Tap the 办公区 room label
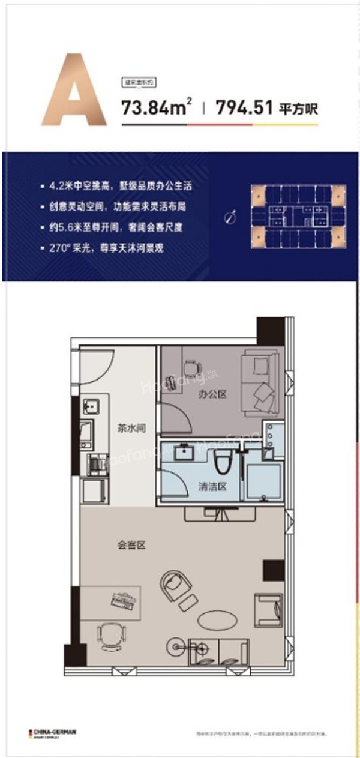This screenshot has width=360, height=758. pyautogui.click(x=209, y=395)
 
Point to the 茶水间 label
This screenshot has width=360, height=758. pyautogui.click(x=130, y=429)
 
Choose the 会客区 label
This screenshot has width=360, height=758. pyautogui.click(x=131, y=546)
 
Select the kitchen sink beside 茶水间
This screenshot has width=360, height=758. pyautogui.click(x=91, y=406)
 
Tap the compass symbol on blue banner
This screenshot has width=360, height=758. pyautogui.click(x=229, y=218)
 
